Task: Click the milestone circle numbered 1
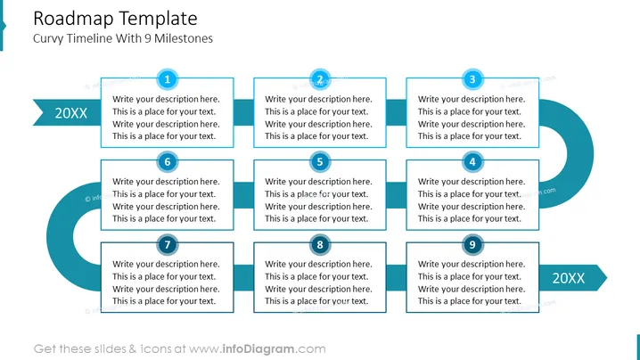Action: pyautogui.click(x=168, y=79)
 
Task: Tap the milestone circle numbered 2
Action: pyautogui.click(x=320, y=79)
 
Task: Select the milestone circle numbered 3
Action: pyautogui.click(x=472, y=79)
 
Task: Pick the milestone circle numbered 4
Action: pyautogui.click(x=472, y=162)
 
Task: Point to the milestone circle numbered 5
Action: pyautogui.click(x=320, y=162)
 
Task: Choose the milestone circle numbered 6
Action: pyautogui.click(x=168, y=162)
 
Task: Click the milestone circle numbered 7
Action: pyautogui.click(x=168, y=244)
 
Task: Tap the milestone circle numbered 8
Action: pyautogui.click(x=320, y=244)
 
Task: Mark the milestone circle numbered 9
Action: pyautogui.click(x=472, y=244)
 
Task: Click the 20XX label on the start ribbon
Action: pyautogui.click(x=71, y=113)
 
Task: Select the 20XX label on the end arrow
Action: pyautogui.click(x=568, y=278)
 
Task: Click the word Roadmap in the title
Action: pyautogui.click(x=72, y=19)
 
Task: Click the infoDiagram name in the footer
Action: pyautogui.click(x=258, y=349)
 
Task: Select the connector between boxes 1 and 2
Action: pyautogui.click(x=243, y=112)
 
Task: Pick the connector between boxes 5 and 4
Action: pyautogui.click(x=396, y=195)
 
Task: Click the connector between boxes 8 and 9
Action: pyautogui.click(x=396, y=278)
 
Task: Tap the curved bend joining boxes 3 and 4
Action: pyautogui.click(x=580, y=154)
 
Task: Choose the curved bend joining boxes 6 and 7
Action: pyautogui.click(x=60, y=236)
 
